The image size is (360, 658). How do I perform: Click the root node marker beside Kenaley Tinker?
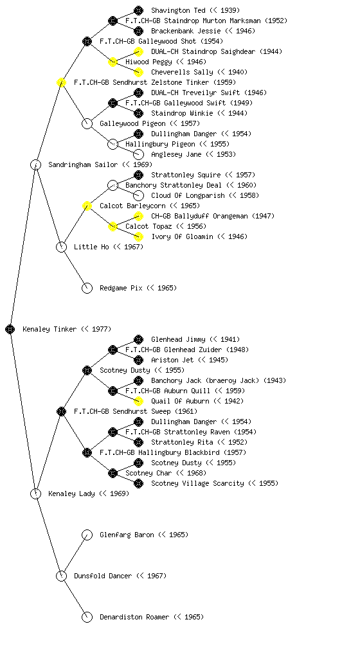point(10,329)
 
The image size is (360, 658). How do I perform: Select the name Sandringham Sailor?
point(83,164)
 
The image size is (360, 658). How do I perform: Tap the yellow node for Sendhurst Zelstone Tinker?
point(61,82)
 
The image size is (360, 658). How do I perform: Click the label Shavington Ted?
point(178,10)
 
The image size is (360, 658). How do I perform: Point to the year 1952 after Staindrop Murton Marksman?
point(276,21)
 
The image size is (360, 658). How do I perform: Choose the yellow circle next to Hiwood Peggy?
point(113,62)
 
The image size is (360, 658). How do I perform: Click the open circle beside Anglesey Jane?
point(138,154)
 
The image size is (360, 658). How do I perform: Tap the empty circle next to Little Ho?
point(61,247)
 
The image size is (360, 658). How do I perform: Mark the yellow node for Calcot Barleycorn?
point(87,206)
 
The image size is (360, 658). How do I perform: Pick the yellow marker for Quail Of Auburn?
point(138,401)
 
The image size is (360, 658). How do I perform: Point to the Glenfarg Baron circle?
point(87,535)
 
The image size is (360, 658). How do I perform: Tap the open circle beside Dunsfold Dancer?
point(61,576)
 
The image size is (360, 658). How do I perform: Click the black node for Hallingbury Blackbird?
point(87,452)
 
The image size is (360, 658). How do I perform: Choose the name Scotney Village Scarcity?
point(197,483)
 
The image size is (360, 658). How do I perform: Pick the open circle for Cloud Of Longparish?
point(138,195)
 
